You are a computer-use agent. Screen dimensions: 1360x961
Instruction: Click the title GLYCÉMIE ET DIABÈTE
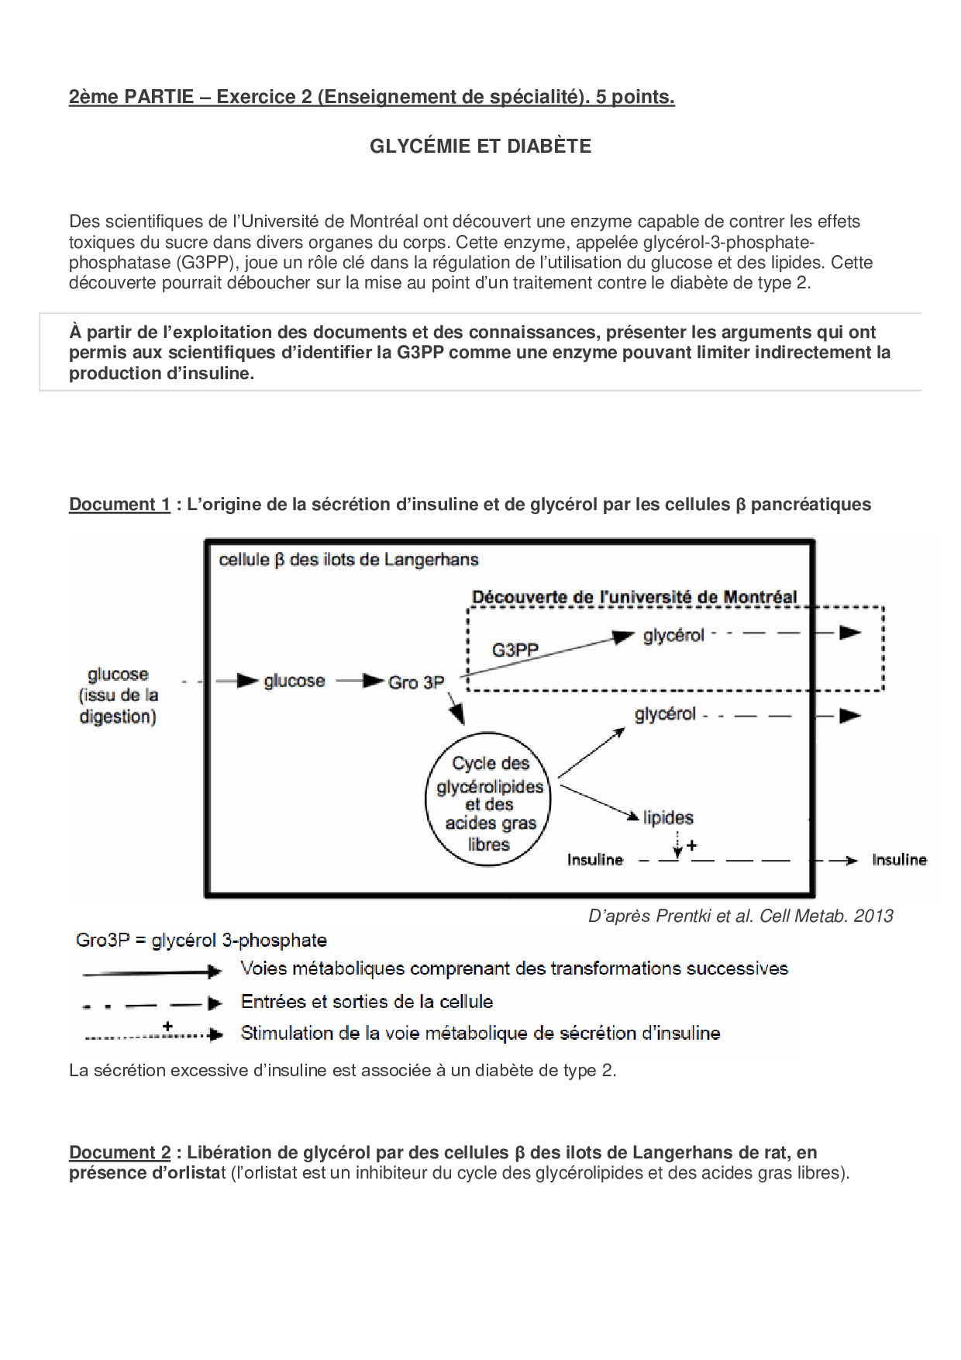point(480,146)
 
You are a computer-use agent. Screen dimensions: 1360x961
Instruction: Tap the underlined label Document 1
point(119,505)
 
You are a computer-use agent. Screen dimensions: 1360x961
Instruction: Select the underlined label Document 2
point(119,1153)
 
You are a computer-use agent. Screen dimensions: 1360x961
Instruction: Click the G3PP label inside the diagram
point(515,650)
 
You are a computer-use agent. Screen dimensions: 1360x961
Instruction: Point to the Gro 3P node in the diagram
point(416,682)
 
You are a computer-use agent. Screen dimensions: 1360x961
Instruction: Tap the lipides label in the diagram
point(668,817)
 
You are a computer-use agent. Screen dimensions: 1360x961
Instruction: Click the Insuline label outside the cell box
point(899,860)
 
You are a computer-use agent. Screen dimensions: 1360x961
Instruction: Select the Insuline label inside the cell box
point(595,860)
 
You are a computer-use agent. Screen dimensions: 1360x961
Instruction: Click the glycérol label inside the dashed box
point(673,636)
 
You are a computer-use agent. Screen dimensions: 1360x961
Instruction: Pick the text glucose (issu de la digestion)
point(119,696)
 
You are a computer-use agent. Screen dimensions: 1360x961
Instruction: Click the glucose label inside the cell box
point(294,681)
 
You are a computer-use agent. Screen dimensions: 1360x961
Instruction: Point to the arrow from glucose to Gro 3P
point(360,682)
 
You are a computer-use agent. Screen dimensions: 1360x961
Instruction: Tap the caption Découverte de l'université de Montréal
point(634,597)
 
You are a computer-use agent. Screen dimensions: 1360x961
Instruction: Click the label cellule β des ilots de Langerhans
point(349,560)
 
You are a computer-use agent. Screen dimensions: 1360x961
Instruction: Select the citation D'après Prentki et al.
point(740,916)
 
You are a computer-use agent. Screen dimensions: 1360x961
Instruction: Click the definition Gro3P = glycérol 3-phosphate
point(201,941)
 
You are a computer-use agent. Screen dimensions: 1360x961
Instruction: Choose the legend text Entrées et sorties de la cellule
point(367,1002)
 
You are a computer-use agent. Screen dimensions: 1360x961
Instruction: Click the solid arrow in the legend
point(152,972)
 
